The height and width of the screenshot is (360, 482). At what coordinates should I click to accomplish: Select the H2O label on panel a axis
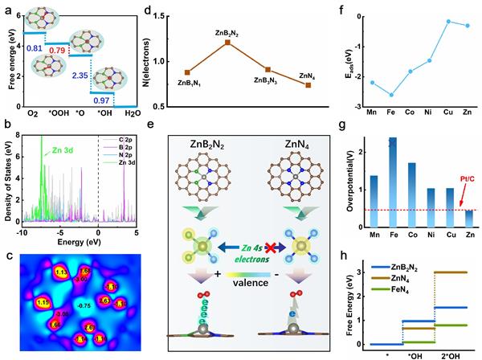click(x=125, y=113)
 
